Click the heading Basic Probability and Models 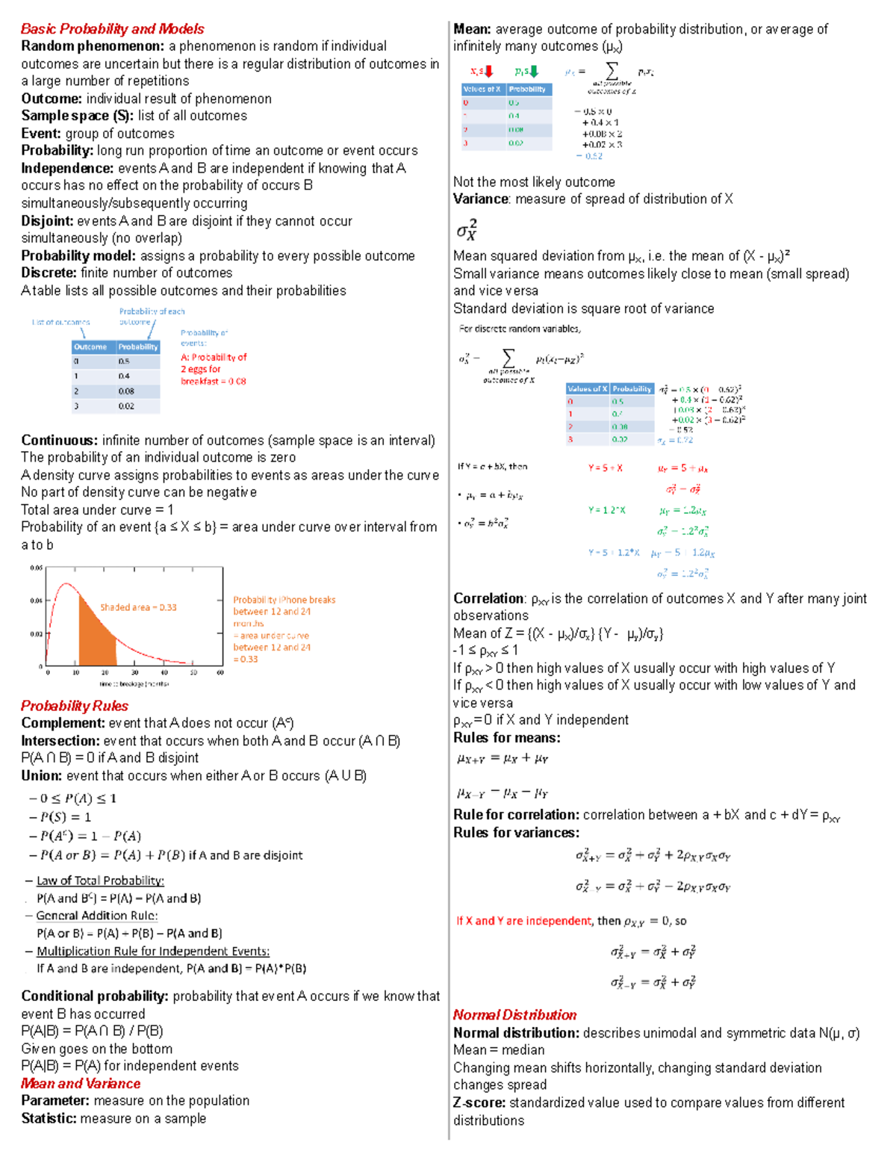[x=112, y=29]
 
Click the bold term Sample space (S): [x=77, y=116]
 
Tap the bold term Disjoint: [x=47, y=221]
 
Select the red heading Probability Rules [x=74, y=706]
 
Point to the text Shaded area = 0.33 [x=138, y=607]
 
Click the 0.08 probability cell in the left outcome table [x=126, y=391]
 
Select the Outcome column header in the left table [x=90, y=347]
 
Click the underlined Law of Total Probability [x=100, y=881]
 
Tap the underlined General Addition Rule [x=97, y=916]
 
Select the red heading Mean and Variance [x=81, y=1084]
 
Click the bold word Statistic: [x=49, y=1119]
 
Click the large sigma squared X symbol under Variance [x=467, y=229]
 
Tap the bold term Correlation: [x=489, y=599]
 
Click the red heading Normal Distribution [x=514, y=1015]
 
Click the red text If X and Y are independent [x=523, y=921]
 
